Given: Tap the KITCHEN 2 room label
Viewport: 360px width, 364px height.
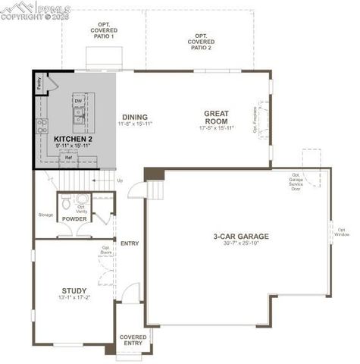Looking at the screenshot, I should pyautogui.click(x=73, y=140).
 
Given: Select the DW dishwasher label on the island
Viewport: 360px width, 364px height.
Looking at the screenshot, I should pyautogui.click(x=78, y=100).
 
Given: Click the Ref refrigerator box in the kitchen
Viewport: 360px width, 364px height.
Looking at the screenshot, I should pyautogui.click(x=68, y=158).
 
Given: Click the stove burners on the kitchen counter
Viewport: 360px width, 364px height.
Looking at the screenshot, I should pyautogui.click(x=44, y=124).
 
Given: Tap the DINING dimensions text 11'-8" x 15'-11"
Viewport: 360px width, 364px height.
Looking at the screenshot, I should pyautogui.click(x=135, y=124).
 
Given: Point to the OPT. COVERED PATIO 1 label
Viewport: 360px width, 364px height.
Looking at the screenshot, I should pyautogui.click(x=102, y=30).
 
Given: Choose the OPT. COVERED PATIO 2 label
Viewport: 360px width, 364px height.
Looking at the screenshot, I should pyautogui.click(x=202, y=41).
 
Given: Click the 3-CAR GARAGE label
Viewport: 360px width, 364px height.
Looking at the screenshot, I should pyautogui.click(x=241, y=236).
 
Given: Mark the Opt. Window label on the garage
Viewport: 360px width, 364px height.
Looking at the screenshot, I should pyautogui.click(x=343, y=231).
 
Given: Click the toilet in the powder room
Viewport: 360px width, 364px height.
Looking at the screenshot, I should pyautogui.click(x=67, y=203).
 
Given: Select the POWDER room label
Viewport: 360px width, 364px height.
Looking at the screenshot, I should pyautogui.click(x=74, y=220).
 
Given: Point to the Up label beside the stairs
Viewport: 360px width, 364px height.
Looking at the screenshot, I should pyautogui.click(x=119, y=180).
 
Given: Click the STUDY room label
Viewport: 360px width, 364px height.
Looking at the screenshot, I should pyautogui.click(x=74, y=290).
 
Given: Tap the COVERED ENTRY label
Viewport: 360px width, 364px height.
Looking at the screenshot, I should pyautogui.click(x=133, y=340).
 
